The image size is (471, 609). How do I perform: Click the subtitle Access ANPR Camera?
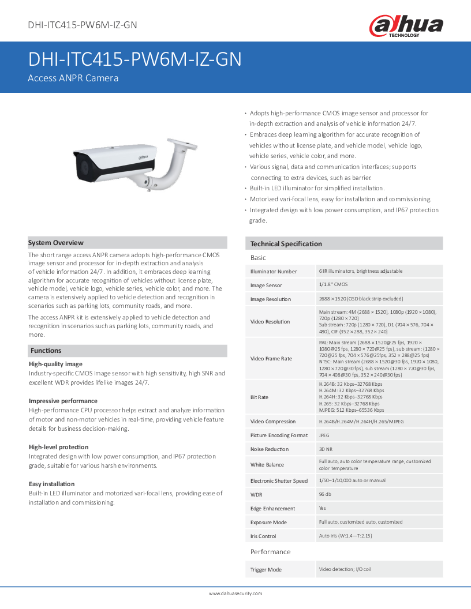(73, 78)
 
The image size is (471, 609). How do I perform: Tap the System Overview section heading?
(56, 243)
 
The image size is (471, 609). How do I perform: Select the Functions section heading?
(46, 351)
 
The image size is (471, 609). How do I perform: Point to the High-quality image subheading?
(55, 364)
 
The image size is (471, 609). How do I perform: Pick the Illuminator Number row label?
(274, 271)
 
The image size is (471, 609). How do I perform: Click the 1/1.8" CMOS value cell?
(334, 284)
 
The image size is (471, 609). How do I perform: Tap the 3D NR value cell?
(326, 449)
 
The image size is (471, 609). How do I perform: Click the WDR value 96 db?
(325, 494)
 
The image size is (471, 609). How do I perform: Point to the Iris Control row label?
(263, 536)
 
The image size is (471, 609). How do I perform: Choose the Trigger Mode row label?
(266, 570)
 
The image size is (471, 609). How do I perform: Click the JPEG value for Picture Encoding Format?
(324, 435)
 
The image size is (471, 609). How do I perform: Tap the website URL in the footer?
(235, 593)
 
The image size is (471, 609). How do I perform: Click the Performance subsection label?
(270, 552)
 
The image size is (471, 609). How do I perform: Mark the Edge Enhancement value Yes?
(323, 508)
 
